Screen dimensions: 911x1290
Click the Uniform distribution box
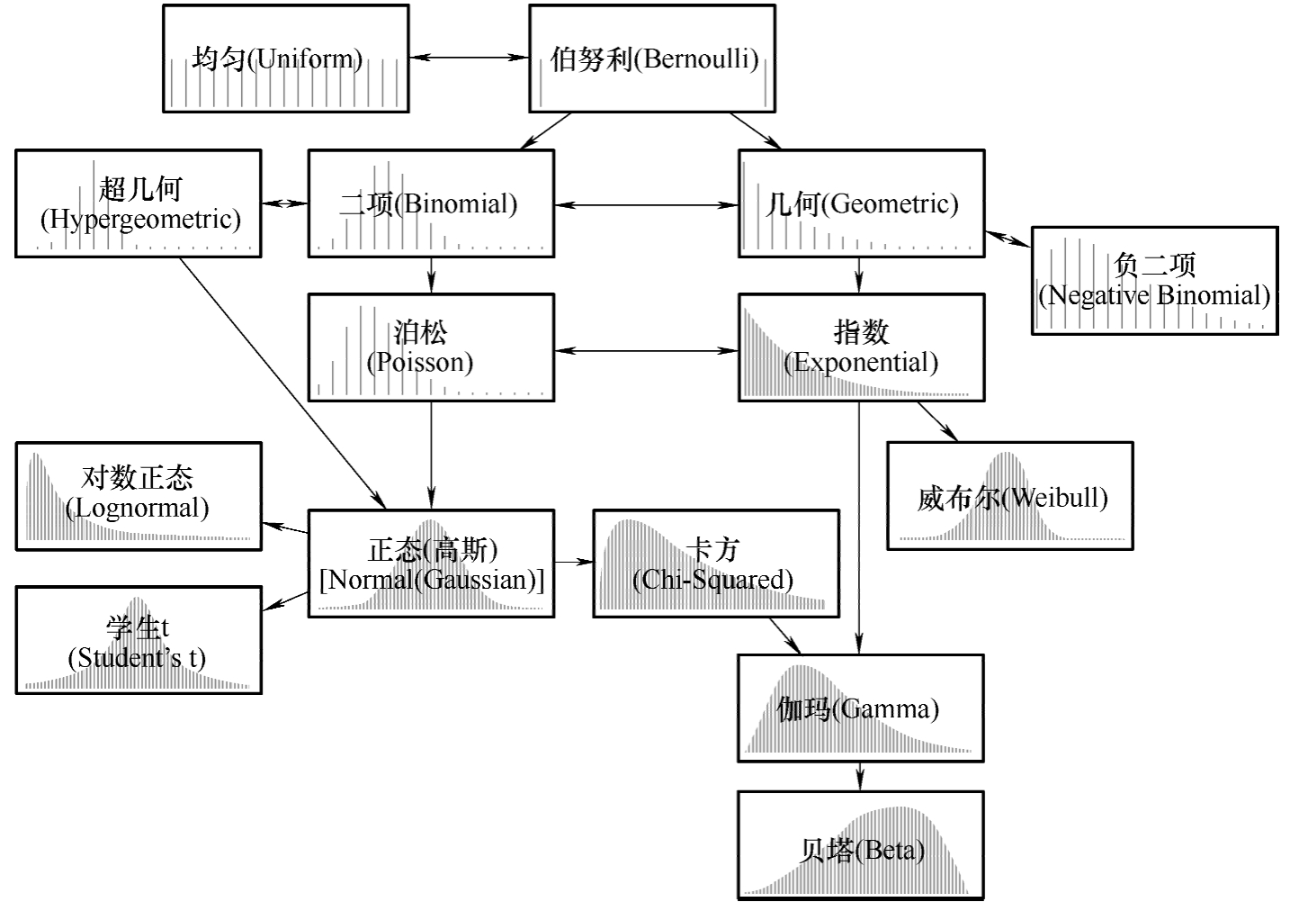[286, 59]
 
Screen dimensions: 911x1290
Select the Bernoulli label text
[654, 59]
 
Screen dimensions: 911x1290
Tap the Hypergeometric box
[139, 203]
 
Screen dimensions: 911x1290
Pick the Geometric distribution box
[861, 203]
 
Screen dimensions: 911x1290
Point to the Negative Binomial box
[1154, 281]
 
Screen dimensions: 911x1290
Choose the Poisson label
[420, 347]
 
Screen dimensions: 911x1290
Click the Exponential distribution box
[861, 347]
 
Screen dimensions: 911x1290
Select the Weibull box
[1010, 496]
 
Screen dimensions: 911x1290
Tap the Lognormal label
[138, 492]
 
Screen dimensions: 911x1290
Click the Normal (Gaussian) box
[431, 564]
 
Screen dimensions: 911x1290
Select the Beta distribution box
[861, 845]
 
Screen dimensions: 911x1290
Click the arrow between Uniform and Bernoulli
[469, 58]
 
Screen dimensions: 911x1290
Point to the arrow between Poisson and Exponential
[646, 350]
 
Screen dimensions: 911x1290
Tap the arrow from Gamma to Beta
[861, 777]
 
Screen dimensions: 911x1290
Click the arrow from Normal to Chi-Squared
[573, 562]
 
